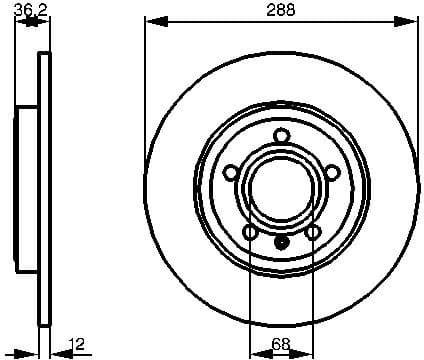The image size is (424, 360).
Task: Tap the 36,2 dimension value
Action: click(x=33, y=10)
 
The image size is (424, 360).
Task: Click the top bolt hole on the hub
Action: click(x=281, y=137)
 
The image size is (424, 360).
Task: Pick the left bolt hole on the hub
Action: click(x=230, y=174)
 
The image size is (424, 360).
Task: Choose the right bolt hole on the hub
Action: click(x=331, y=174)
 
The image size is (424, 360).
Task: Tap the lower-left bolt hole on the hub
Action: click(x=250, y=233)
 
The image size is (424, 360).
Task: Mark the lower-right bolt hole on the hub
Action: click(x=312, y=233)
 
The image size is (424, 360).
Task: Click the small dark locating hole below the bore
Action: click(x=281, y=240)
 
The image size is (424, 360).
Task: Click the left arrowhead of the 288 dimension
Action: click(x=150, y=21)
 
